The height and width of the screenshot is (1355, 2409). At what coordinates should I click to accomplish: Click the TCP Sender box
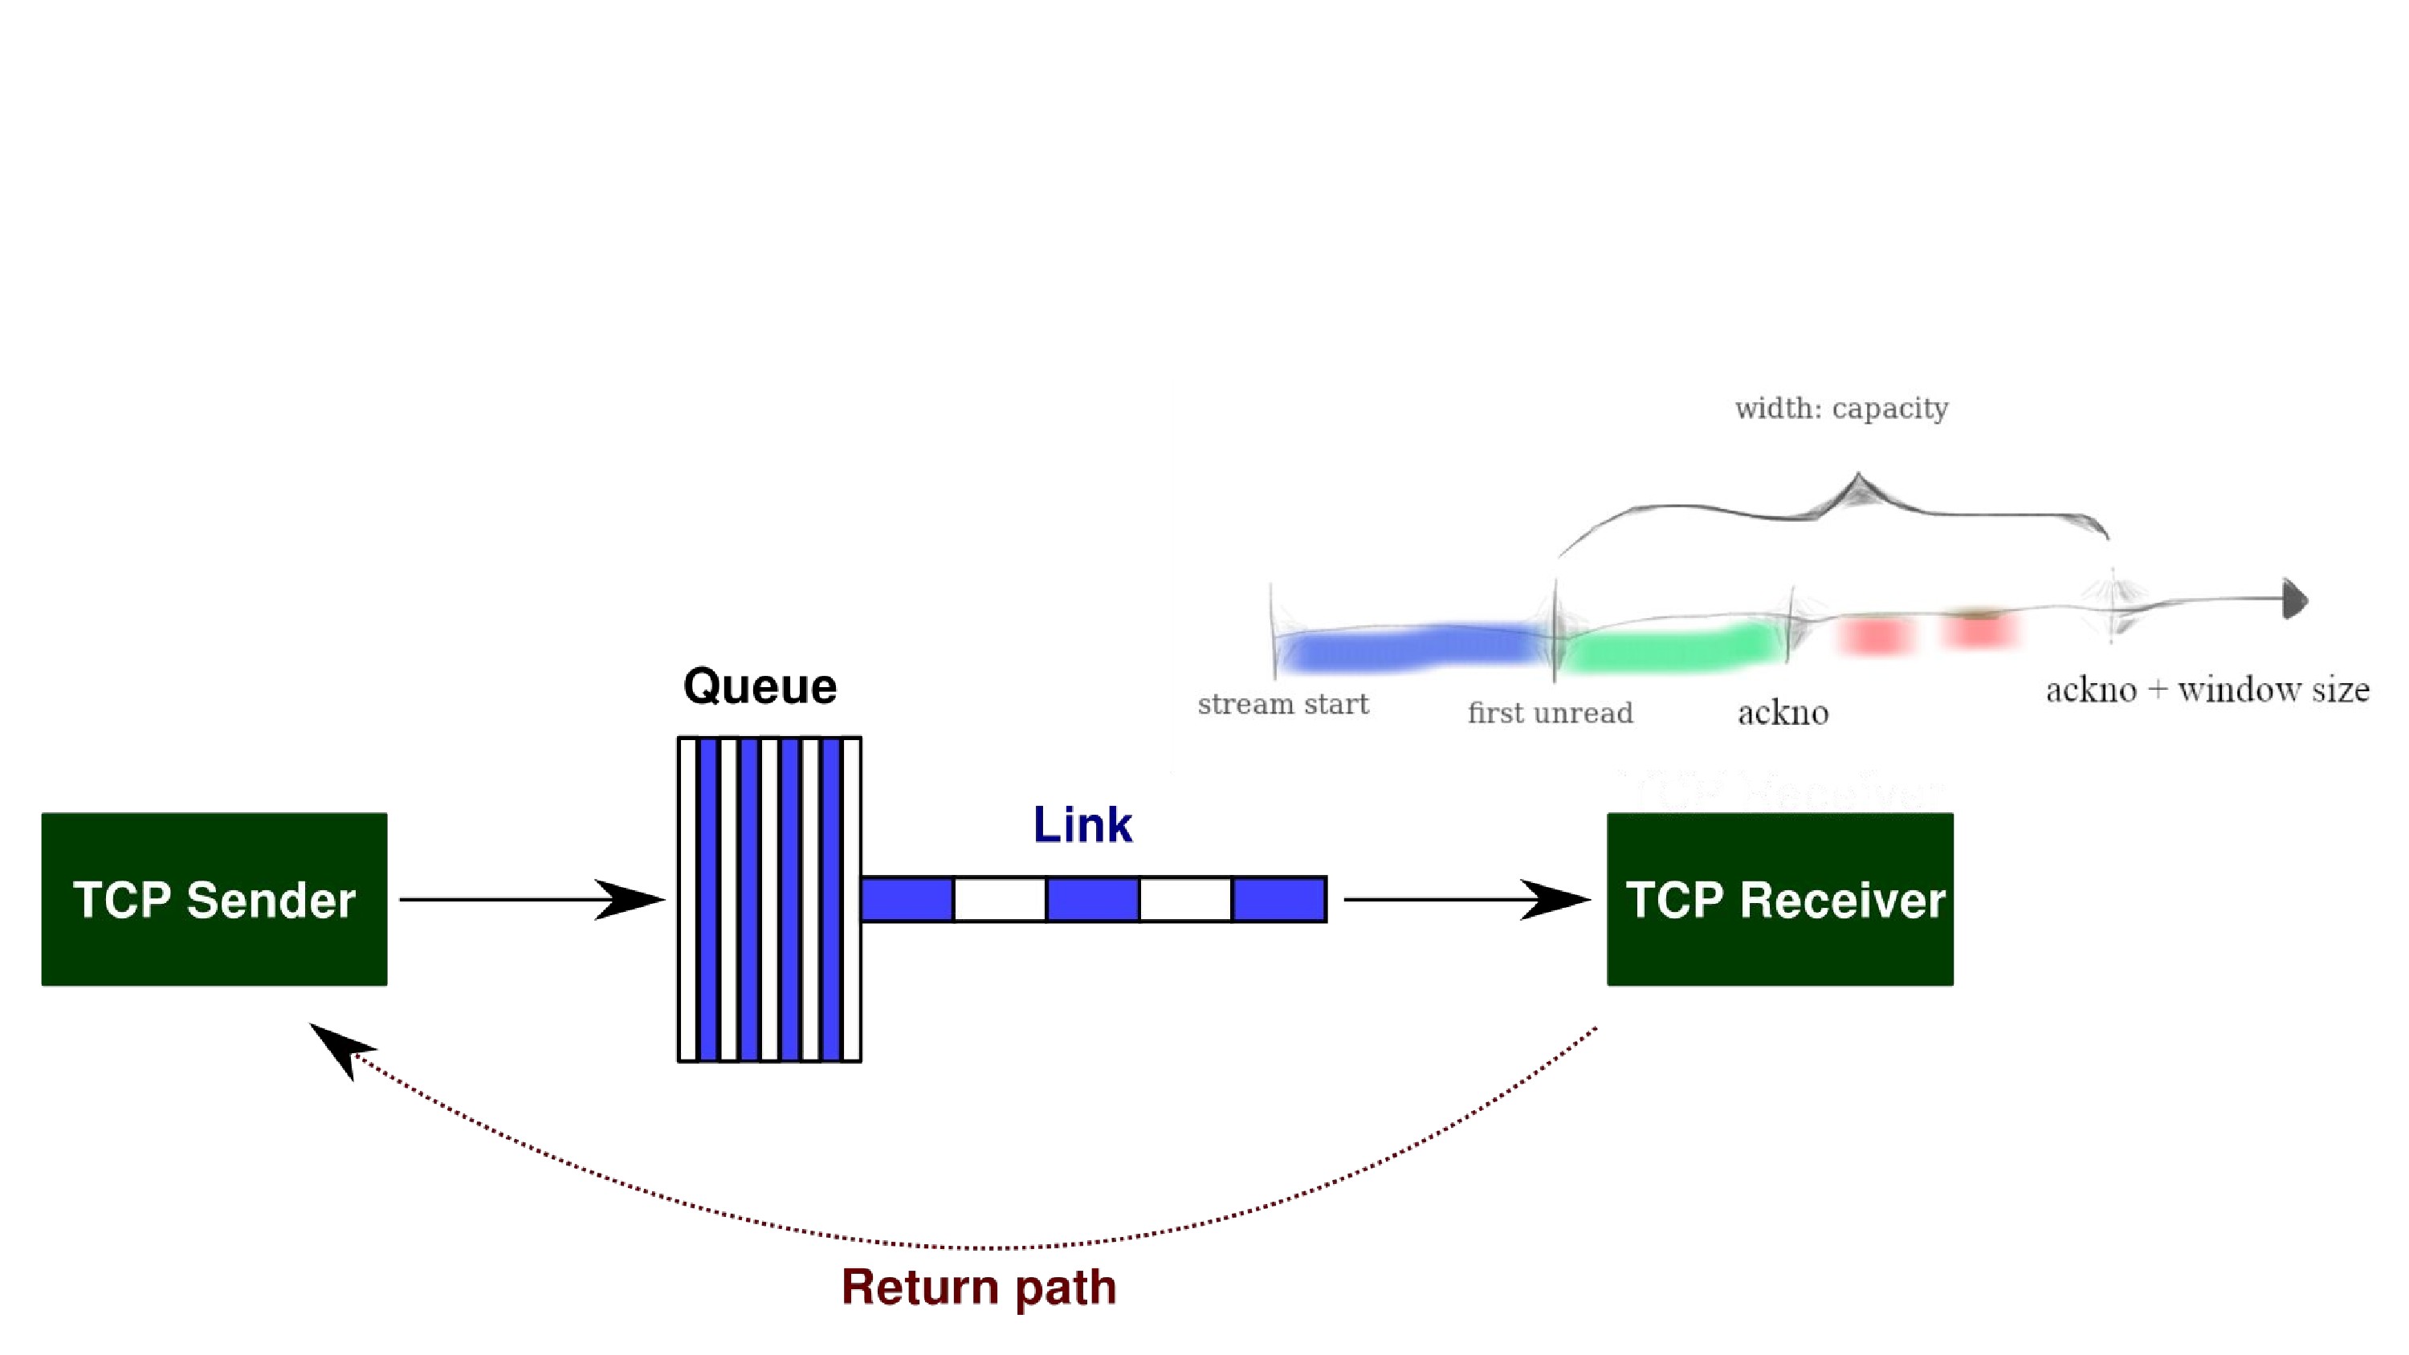coord(214,899)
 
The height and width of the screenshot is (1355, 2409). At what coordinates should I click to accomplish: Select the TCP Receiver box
coord(1779,899)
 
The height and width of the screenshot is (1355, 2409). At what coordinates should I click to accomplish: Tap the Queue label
coord(760,686)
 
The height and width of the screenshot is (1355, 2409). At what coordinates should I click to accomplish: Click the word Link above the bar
coord(1082,824)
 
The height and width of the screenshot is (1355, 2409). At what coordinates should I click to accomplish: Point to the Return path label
coord(978,1287)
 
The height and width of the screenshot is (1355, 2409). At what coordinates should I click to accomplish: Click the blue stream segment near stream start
coord(1410,647)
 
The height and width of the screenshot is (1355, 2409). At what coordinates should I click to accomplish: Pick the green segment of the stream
coord(1670,646)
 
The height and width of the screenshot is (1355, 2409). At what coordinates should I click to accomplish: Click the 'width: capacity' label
coord(1841,409)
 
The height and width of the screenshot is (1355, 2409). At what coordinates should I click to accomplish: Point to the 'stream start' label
coord(1283,704)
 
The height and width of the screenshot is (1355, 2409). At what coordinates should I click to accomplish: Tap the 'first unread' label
coord(1550,713)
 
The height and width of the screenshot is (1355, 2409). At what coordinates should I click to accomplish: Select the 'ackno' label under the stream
coord(1783,714)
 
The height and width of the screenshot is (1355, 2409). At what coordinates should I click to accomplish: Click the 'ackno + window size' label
coord(2207,690)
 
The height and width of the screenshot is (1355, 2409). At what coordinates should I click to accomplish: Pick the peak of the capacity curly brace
coord(1857,474)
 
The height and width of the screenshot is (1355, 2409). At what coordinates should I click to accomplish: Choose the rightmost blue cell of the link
coord(1279,900)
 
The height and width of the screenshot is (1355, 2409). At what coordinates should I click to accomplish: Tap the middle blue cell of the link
coord(1092,900)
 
